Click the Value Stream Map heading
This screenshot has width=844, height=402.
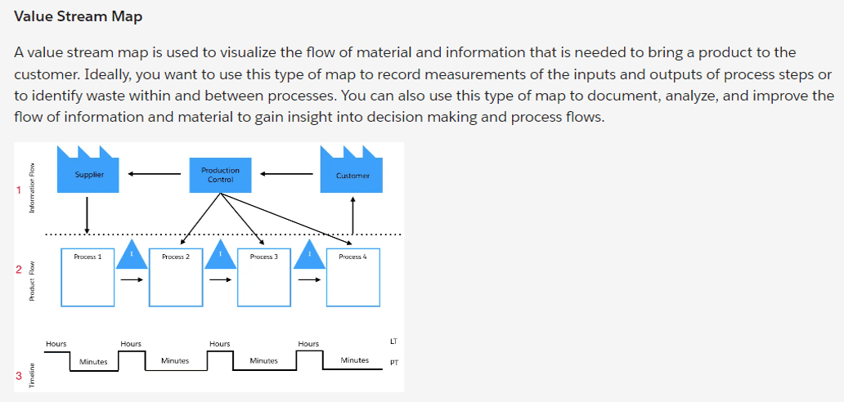click(x=79, y=16)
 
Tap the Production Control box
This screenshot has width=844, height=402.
click(x=220, y=175)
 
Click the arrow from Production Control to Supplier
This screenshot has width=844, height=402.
click(x=154, y=173)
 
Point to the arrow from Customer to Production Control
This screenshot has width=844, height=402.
click(x=285, y=173)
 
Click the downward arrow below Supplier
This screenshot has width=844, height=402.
click(x=87, y=215)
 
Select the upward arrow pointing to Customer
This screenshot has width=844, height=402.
click(x=352, y=214)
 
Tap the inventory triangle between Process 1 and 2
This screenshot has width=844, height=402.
click(x=132, y=254)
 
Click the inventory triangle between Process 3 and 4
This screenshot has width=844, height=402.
click(x=308, y=254)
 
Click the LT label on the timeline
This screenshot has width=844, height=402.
click(x=393, y=339)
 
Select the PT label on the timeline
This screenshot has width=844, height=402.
click(x=393, y=364)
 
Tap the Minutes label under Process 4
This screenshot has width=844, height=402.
click(x=354, y=360)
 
